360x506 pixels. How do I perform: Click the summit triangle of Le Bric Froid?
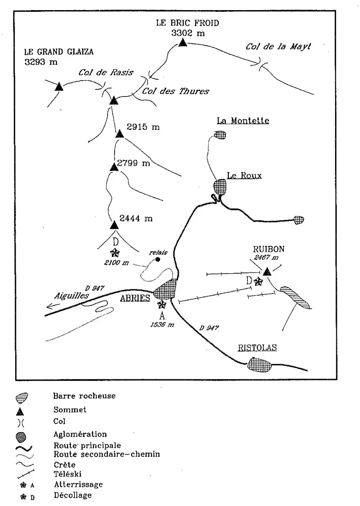(x=183, y=43)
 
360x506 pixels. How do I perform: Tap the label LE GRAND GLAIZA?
(x=59, y=52)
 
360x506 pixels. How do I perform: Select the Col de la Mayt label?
(x=278, y=46)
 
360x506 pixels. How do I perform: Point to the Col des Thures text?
(x=175, y=91)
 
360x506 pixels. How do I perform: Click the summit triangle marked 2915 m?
(x=119, y=134)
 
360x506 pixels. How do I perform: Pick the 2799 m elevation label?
(x=134, y=163)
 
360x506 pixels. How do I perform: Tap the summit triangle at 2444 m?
(x=114, y=225)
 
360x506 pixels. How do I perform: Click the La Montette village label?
(x=243, y=121)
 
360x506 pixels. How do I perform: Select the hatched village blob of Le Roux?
(x=220, y=186)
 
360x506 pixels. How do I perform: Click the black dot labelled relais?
(x=158, y=260)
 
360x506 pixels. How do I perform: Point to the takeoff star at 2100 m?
(x=115, y=253)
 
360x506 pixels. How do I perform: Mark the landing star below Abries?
(x=162, y=304)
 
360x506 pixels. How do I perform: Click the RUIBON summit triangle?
(x=267, y=271)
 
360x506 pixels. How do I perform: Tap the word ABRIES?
(x=135, y=298)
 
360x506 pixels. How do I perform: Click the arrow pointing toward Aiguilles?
(x=53, y=306)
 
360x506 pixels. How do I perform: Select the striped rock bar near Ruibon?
(x=295, y=298)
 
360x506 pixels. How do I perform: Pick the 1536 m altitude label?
(x=162, y=325)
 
